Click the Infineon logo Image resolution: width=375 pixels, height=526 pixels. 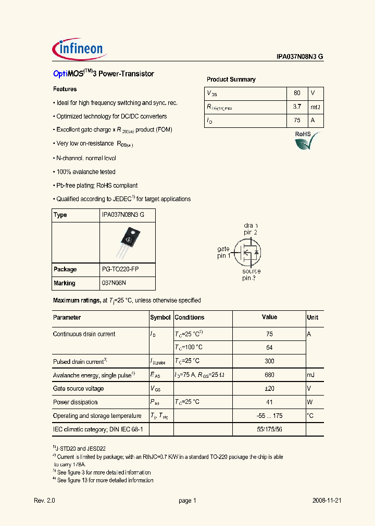[x=79, y=49]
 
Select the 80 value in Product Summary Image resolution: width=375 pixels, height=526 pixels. [x=297, y=93]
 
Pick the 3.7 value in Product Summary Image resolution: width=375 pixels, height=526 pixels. [x=297, y=107]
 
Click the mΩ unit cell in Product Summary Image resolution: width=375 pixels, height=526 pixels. [x=316, y=107]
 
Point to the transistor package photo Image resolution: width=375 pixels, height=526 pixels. [x=128, y=242]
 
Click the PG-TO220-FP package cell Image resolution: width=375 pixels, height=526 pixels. [x=120, y=269]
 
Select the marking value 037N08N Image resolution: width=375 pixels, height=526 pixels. [x=114, y=283]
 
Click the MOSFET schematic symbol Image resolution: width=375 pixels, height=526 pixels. [x=249, y=252]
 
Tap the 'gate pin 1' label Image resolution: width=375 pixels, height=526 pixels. [x=223, y=252]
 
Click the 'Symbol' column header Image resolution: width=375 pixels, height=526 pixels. [x=160, y=318]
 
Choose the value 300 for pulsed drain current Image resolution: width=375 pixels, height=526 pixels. [x=269, y=361]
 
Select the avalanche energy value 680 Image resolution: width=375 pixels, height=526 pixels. [x=269, y=375]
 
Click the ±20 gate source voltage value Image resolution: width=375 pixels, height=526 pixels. [x=269, y=388]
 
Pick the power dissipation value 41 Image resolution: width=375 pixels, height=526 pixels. [x=269, y=402]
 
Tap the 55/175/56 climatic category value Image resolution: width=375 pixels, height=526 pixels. [x=269, y=429]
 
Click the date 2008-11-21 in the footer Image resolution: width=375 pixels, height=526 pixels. [x=327, y=500]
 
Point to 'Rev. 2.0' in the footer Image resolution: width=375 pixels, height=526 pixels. [x=44, y=500]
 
